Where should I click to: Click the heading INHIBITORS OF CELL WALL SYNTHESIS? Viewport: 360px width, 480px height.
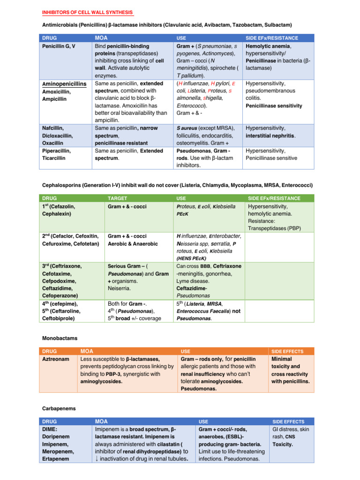tap(87, 12)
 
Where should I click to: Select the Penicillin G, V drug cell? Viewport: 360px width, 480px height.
tap(59, 47)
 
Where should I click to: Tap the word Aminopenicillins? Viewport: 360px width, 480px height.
tap(64, 83)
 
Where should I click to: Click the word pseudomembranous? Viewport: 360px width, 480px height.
tap(272, 90)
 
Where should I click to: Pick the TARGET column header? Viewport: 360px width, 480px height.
tap(117, 198)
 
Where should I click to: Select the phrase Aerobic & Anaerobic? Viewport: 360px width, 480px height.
tap(133, 244)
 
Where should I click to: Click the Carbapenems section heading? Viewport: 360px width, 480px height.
tap(59, 408)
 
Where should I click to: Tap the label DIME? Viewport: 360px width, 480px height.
tap(50, 429)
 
